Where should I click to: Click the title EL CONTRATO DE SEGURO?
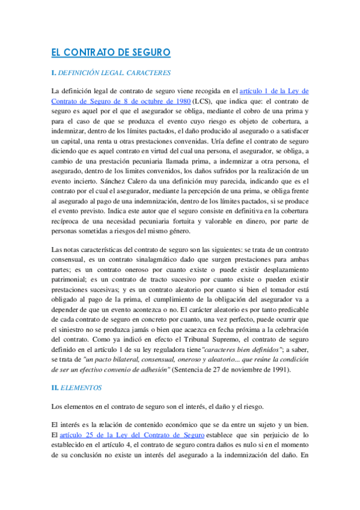111,53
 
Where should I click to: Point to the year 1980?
177,102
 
